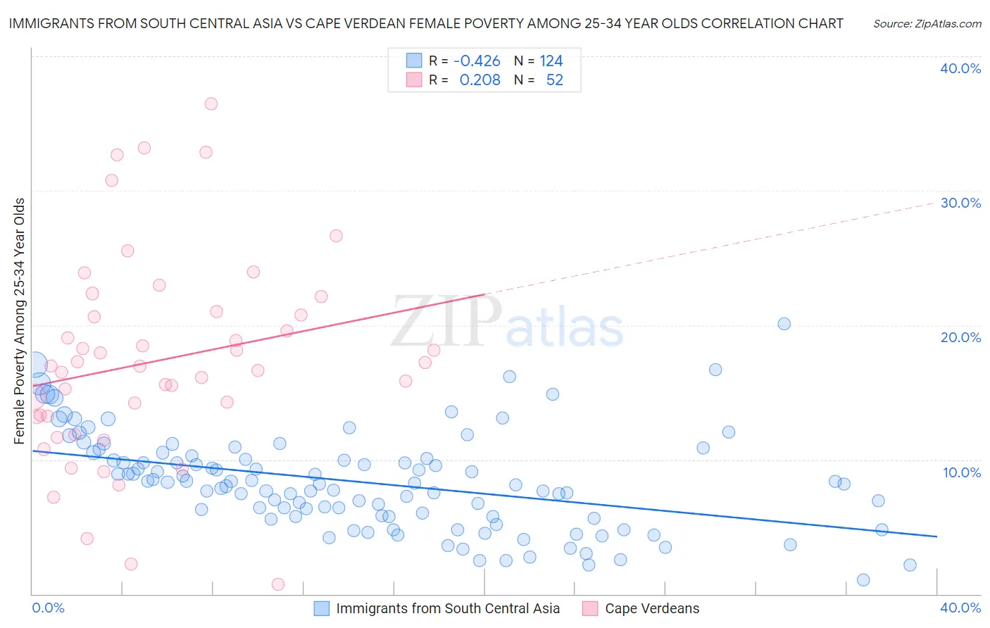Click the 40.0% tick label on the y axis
960,68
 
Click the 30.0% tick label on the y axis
960,203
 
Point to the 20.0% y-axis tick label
960,337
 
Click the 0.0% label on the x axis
48,608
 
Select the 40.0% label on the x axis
960,608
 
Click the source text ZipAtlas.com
927,24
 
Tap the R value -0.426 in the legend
477,61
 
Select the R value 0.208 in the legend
480,80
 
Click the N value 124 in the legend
551,61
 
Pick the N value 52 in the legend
554,80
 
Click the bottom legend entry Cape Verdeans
652,608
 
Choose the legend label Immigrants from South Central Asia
448,608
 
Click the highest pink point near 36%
211,103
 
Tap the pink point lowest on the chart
278,584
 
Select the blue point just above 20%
784,324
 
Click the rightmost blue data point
910,565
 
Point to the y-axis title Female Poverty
19,321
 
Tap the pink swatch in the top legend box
414,80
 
